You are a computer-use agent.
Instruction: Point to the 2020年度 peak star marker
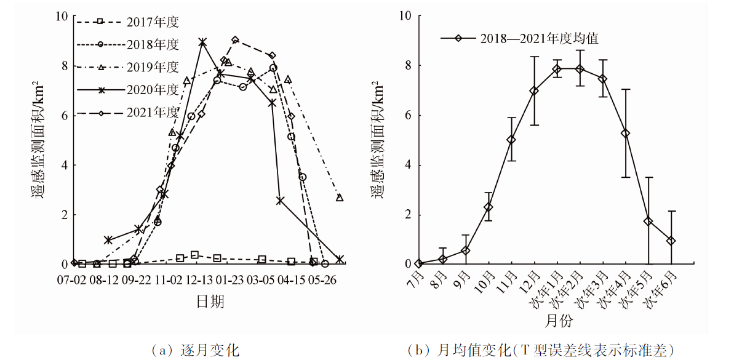[x=202, y=42]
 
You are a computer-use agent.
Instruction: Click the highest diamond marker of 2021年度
[x=235, y=40]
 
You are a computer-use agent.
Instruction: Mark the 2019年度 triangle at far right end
[x=340, y=198]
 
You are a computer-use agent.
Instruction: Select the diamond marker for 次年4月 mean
[x=626, y=133]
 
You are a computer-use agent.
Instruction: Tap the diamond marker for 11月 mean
[x=511, y=140]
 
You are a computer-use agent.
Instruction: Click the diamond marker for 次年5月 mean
[x=648, y=221]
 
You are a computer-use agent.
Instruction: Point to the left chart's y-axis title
[x=38, y=140]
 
